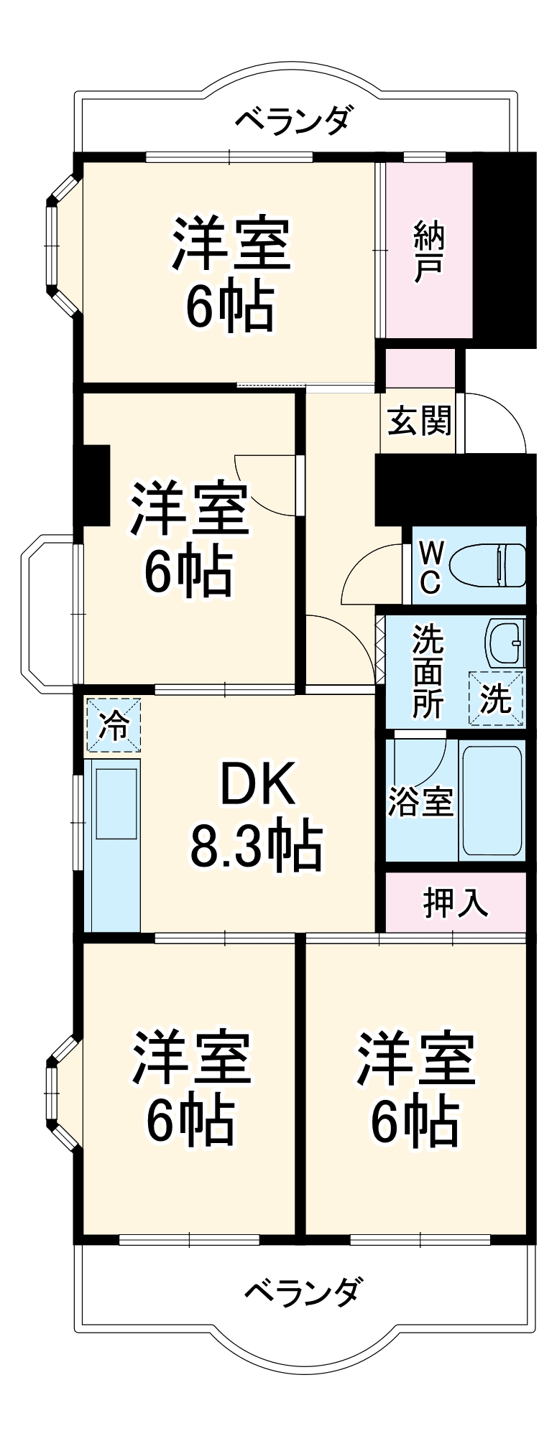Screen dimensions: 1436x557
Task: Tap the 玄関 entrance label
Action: coord(420,421)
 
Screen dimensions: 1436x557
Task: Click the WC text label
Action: coord(430,568)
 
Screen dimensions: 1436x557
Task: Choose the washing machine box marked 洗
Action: coord(496,698)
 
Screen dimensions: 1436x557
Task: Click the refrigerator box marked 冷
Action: coord(114,725)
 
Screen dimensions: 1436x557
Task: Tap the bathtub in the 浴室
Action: coord(492,799)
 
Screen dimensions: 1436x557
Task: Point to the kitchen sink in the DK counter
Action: coord(116,804)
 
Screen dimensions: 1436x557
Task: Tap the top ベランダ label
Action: coord(295,120)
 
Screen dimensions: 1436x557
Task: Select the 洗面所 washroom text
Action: coord(427,672)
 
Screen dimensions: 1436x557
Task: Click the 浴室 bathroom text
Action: coord(420,802)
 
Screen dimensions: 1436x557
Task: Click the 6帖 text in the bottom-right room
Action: coord(415,1122)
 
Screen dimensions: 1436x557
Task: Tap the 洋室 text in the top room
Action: coord(231,245)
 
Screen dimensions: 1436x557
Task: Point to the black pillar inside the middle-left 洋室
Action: coord(96,485)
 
